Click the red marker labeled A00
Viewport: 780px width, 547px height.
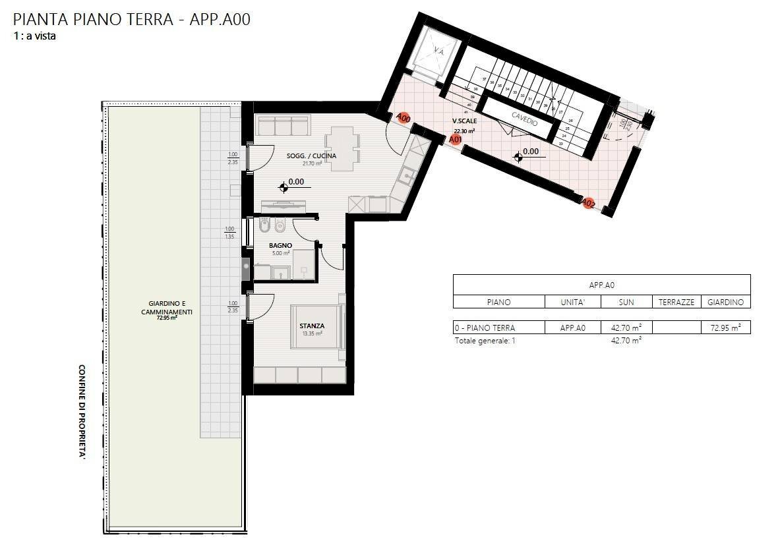click(x=404, y=118)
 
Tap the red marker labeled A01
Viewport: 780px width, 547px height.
click(x=455, y=139)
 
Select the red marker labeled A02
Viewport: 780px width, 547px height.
click(x=589, y=204)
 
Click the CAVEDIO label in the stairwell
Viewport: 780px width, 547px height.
click(x=524, y=119)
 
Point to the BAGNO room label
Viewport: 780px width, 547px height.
click(x=280, y=246)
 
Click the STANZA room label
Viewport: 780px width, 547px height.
click(x=312, y=326)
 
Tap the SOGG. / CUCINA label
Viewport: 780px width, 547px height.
click(x=311, y=156)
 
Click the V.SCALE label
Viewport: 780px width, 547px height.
click(x=464, y=121)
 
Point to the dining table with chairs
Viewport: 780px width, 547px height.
click(x=342, y=149)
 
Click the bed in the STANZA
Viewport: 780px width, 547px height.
click(x=318, y=327)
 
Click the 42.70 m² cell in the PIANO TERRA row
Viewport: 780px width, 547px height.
click(x=626, y=328)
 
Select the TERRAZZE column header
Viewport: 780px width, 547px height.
click(x=676, y=302)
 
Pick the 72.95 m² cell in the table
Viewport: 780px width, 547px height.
click(x=725, y=328)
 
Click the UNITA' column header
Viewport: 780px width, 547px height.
click(x=572, y=302)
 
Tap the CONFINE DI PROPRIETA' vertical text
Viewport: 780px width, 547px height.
click(x=83, y=411)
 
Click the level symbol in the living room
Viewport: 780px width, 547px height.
click(x=284, y=187)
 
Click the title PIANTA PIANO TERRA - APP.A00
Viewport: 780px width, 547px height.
click(x=132, y=19)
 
